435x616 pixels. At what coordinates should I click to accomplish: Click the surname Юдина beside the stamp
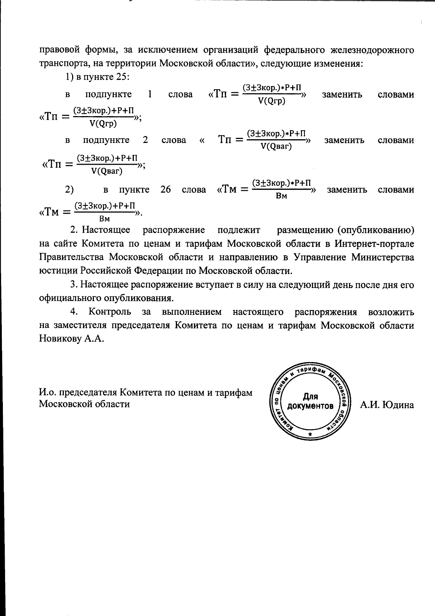click(397, 405)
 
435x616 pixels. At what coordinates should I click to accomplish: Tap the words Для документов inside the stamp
click(310, 401)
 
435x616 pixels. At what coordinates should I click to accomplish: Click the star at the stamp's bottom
click(310, 434)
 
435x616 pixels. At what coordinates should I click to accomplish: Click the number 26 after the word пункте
click(166, 190)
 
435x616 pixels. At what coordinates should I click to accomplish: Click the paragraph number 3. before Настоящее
click(74, 284)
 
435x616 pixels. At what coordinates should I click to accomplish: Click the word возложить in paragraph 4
click(391, 312)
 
